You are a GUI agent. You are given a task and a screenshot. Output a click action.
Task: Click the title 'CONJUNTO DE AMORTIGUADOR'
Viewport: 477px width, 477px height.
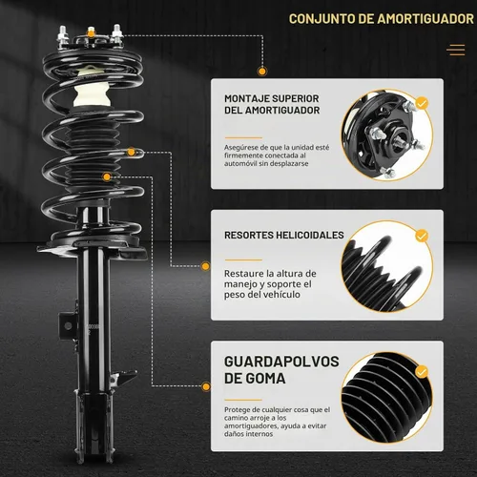pyautogui.click(x=382, y=19)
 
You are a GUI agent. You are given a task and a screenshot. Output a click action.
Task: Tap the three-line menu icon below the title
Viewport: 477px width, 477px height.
pyautogui.click(x=456, y=50)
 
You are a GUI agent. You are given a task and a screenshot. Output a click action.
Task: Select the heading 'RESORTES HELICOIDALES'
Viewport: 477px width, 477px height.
pyautogui.click(x=284, y=235)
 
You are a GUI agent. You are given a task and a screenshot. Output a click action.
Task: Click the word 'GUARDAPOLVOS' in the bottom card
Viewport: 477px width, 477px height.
pyautogui.click(x=281, y=362)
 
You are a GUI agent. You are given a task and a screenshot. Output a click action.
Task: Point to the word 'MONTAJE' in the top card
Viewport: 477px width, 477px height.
pyautogui.click(x=244, y=98)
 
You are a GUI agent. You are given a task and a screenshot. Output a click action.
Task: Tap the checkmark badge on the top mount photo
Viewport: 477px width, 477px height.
pyautogui.click(x=422, y=103)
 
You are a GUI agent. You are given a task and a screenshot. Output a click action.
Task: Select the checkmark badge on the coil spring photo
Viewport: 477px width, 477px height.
pyautogui.click(x=422, y=236)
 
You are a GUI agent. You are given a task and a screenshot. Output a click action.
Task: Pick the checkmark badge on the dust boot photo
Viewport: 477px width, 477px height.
pyautogui.click(x=422, y=372)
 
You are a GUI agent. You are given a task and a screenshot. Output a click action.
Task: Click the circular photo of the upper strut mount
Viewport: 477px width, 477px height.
pyautogui.click(x=387, y=135)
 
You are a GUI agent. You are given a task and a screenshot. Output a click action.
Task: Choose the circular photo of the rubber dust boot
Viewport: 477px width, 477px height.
pyautogui.click(x=387, y=398)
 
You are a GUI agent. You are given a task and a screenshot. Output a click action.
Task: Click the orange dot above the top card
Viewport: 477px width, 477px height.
pyautogui.click(x=262, y=72)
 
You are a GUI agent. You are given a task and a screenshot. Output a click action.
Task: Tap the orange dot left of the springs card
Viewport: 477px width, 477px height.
pyautogui.click(x=206, y=266)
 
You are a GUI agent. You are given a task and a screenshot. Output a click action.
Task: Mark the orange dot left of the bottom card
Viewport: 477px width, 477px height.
pyautogui.click(x=206, y=386)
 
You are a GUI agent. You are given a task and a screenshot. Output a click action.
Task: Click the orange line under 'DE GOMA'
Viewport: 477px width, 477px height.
pyautogui.click(x=243, y=400)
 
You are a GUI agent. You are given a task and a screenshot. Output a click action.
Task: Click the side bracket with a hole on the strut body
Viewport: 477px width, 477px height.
pyautogui.click(x=68, y=325)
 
